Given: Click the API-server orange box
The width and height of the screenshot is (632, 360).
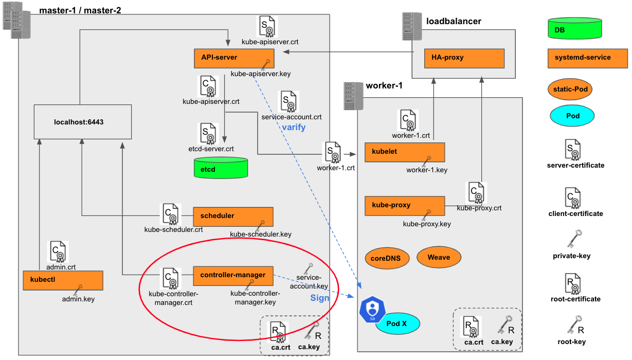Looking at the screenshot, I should [x=234, y=58].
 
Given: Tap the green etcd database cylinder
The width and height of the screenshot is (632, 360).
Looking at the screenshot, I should [x=221, y=168].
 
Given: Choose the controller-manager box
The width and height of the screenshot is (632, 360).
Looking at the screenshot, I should [x=233, y=275].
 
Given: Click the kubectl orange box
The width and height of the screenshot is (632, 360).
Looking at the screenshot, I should [x=63, y=281].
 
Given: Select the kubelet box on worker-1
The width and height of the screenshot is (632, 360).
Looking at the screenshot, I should [x=404, y=152].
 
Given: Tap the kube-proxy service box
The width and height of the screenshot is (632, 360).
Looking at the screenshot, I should [x=404, y=205].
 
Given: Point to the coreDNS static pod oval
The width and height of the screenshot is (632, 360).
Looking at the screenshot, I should [x=387, y=258].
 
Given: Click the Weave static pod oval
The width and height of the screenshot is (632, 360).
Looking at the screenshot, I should [x=439, y=257].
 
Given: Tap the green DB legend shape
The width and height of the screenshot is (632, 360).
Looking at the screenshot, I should [x=575, y=29].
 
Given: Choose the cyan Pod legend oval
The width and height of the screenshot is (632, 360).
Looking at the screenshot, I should [x=572, y=116].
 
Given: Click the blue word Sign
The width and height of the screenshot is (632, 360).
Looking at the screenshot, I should [x=319, y=298].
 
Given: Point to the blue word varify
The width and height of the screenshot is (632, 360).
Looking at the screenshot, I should [x=294, y=127].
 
